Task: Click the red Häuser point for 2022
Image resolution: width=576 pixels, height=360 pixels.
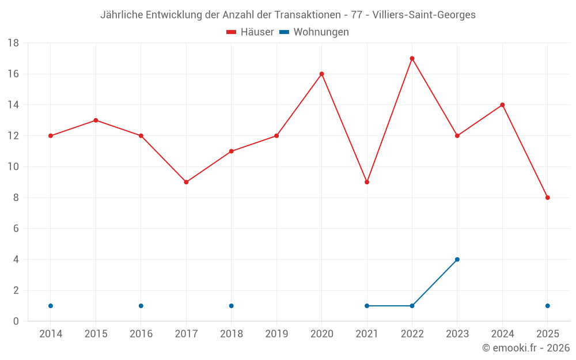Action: (412, 58)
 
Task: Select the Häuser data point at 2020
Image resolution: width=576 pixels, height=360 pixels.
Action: (321, 74)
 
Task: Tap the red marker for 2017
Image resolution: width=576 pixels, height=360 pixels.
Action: (186, 182)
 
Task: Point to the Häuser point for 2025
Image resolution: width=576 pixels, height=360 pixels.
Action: (547, 198)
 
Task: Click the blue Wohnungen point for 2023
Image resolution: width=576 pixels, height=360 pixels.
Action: (457, 259)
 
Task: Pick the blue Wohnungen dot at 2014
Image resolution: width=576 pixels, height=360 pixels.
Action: (51, 306)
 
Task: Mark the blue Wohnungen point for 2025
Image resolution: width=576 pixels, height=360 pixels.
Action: (547, 306)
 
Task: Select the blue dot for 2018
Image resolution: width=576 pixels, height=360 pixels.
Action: (231, 306)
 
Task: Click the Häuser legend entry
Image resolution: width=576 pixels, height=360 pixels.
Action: (250, 32)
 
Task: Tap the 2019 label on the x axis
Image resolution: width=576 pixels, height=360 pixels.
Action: (276, 334)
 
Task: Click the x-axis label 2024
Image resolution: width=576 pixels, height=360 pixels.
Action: (502, 334)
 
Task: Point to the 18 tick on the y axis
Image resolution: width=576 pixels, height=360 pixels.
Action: (13, 43)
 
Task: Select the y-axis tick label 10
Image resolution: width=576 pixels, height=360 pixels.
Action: (13, 167)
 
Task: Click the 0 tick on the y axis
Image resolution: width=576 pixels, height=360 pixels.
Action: (16, 321)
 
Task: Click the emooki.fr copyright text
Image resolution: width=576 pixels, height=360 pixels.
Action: (526, 348)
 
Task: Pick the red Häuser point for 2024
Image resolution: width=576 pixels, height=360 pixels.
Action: (502, 105)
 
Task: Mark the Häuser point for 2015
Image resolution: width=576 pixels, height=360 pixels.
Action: (96, 120)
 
